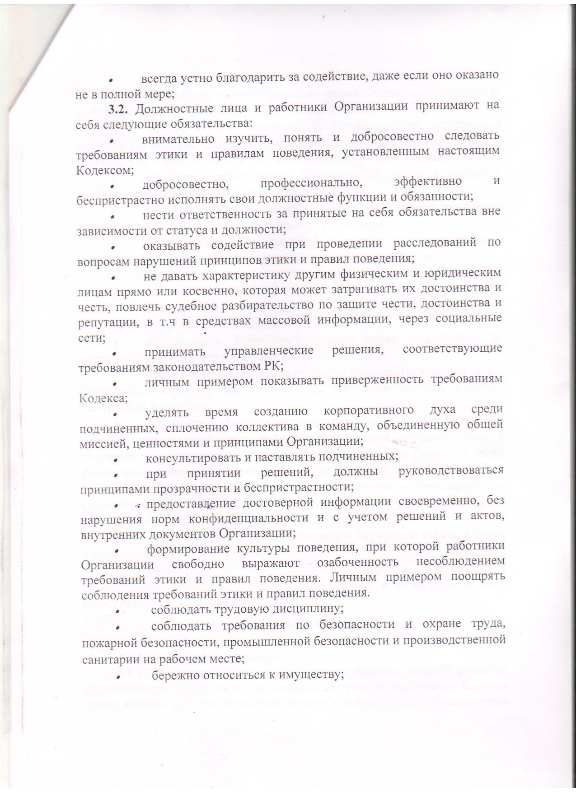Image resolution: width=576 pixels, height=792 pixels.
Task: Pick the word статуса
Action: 192,229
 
